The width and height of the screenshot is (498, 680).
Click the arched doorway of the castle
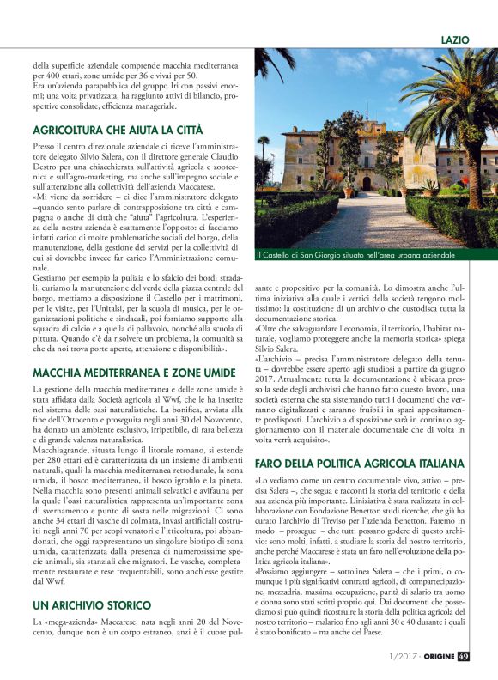coord(367,183)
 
